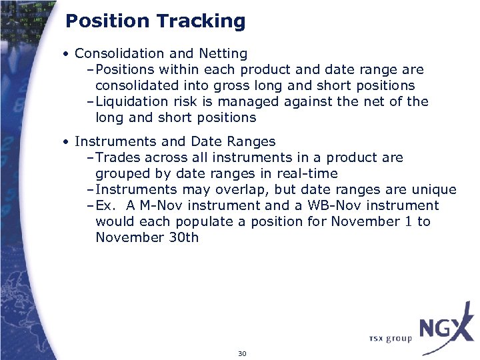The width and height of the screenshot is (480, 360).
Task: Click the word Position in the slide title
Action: (x=108, y=21)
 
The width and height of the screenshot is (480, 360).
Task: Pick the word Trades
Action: (x=119, y=157)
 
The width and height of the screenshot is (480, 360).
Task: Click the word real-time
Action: (x=302, y=173)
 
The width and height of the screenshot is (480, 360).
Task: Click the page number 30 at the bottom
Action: (x=242, y=353)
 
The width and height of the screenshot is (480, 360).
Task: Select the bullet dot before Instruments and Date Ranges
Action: (x=67, y=142)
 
